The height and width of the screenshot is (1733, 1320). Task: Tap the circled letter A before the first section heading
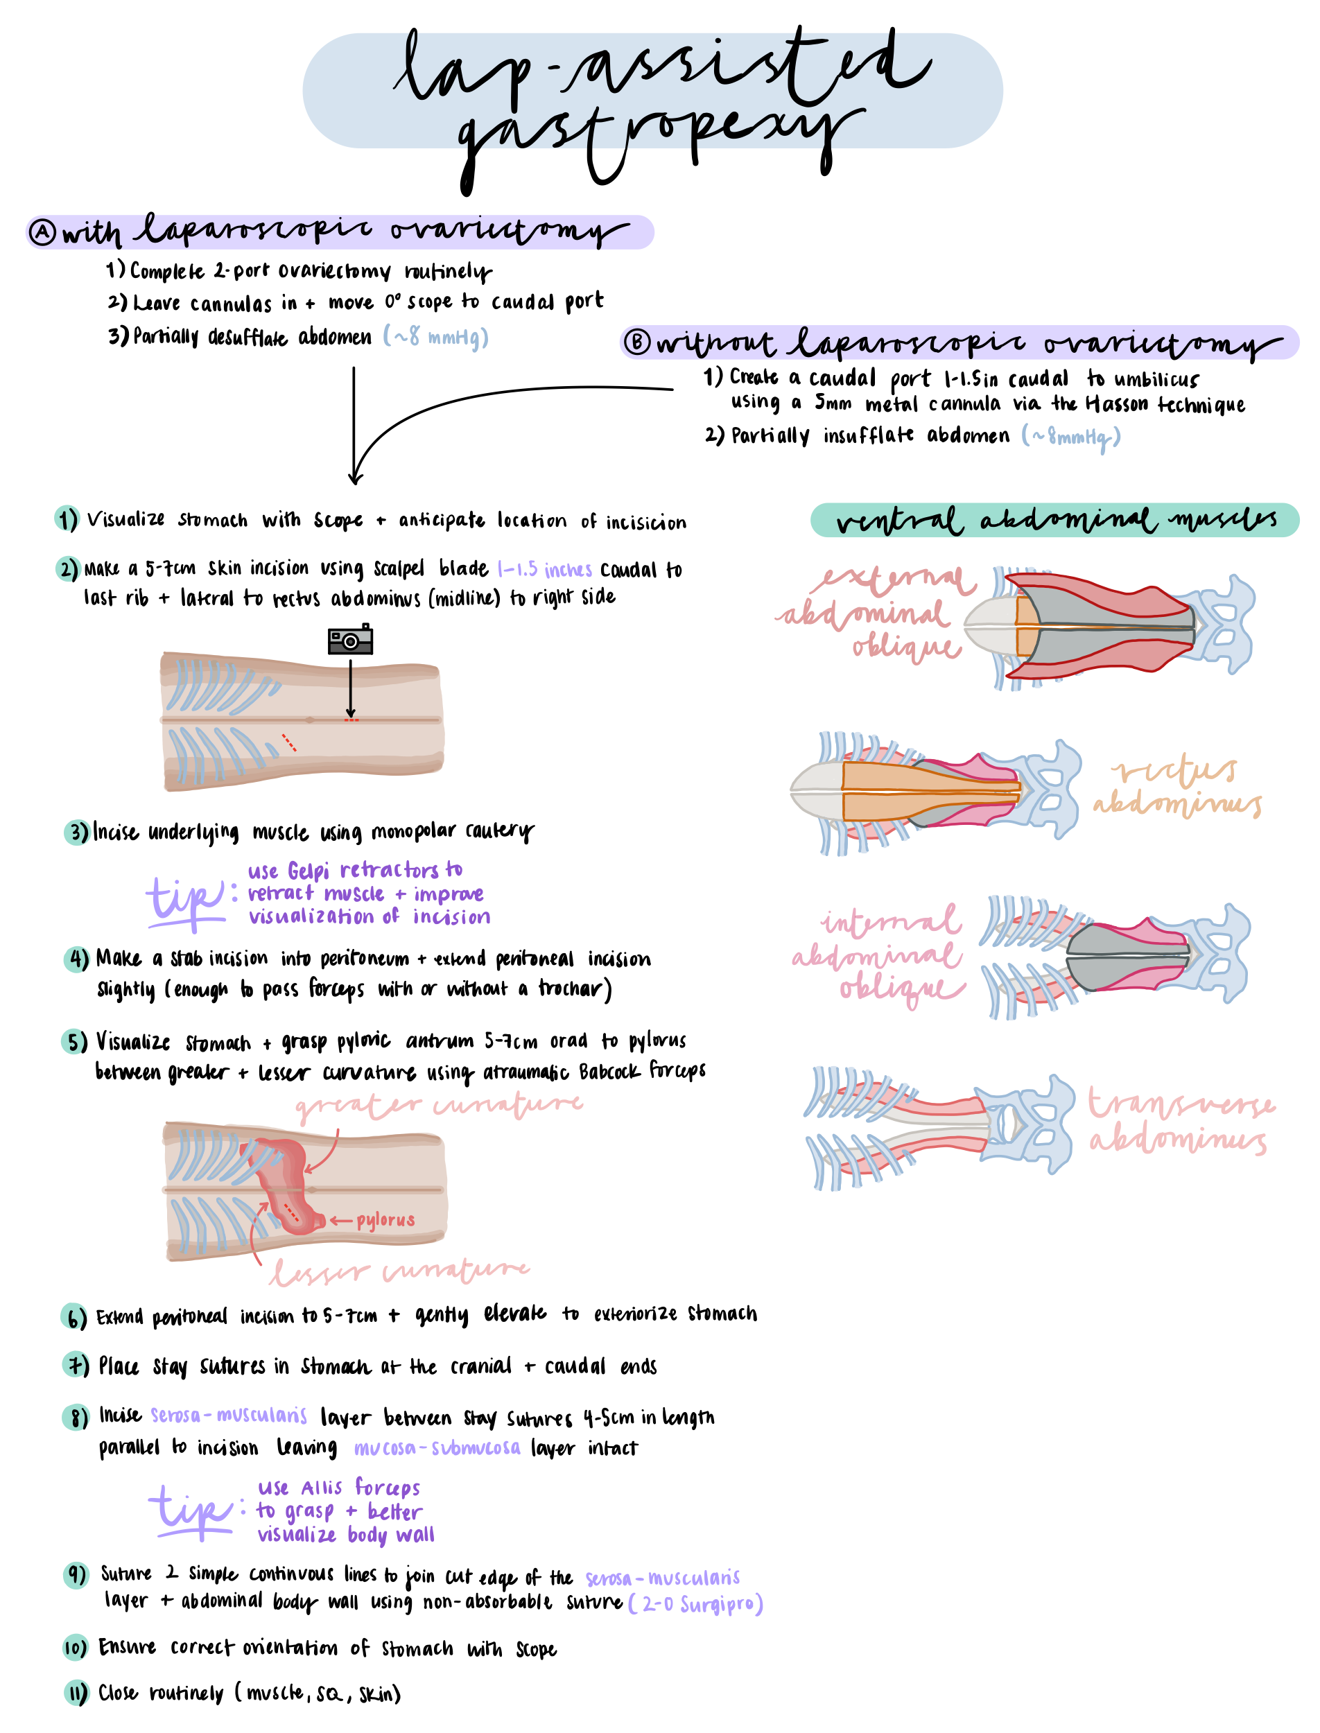pos(42,232)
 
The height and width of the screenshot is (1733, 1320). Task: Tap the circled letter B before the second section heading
pos(636,342)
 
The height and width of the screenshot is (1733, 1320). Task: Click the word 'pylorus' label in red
pos(385,1219)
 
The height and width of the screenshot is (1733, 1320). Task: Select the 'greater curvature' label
pos(438,1106)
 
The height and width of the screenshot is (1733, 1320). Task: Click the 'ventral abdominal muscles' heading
pos(1054,520)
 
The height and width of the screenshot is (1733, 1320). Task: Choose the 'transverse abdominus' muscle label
pos(1180,1122)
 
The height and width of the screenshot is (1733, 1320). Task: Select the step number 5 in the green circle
pos(74,1042)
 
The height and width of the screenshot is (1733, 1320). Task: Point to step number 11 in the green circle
pos(76,1692)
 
